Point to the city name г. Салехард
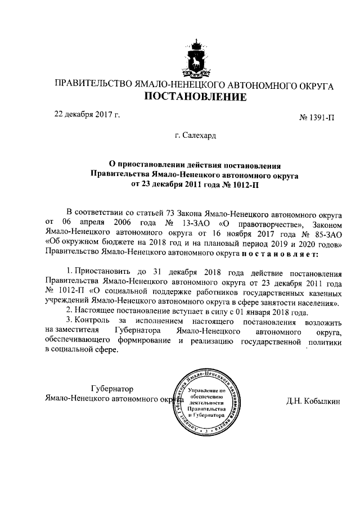click(x=195, y=136)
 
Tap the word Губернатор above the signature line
click(x=112, y=389)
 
